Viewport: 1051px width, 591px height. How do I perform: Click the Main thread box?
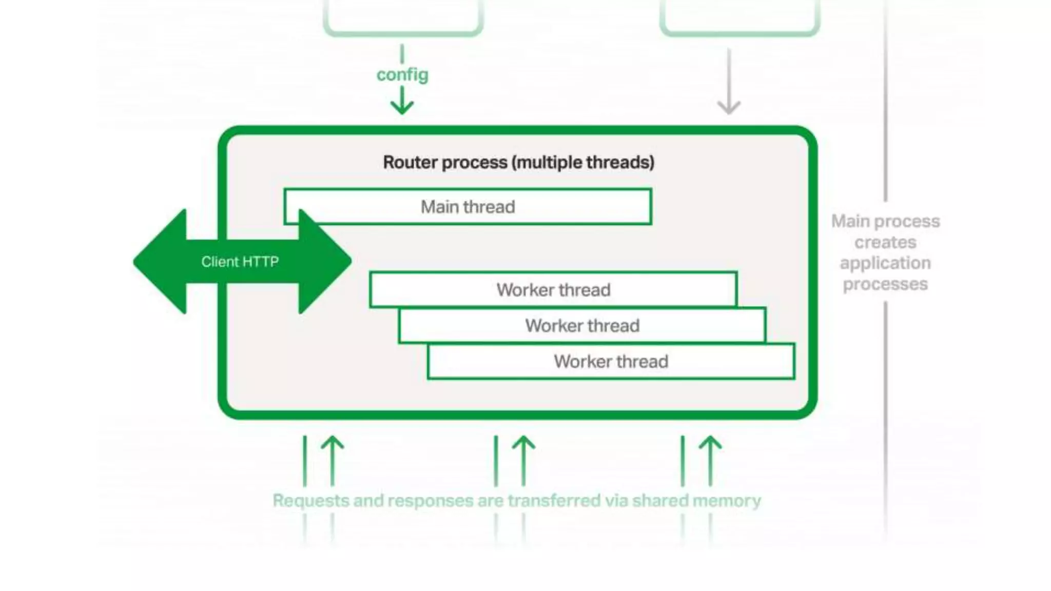pos(468,207)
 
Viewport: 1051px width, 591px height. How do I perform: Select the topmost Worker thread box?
pos(553,290)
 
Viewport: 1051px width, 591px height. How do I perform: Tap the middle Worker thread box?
pos(582,326)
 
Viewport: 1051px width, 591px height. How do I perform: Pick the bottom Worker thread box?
pos(611,362)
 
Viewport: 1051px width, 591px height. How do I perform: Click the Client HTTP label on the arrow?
pos(240,262)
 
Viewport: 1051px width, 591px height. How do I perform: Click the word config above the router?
pos(402,75)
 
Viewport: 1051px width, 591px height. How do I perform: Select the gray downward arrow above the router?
pos(729,82)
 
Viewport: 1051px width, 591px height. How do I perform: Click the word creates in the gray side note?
pos(885,242)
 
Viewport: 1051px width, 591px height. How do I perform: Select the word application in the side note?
pos(885,263)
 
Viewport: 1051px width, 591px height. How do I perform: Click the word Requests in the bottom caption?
pos(310,500)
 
